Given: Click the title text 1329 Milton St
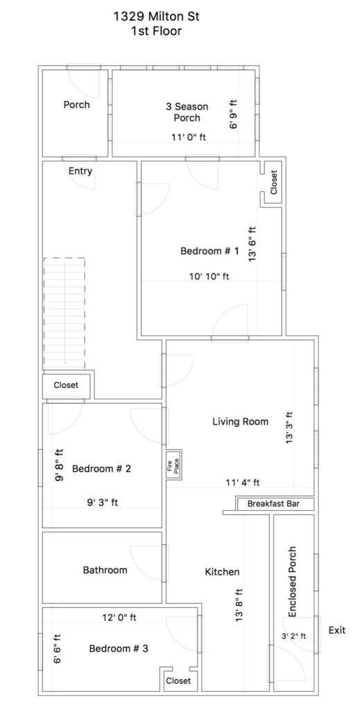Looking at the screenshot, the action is click(156, 17).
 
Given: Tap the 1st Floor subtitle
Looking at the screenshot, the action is click(156, 31).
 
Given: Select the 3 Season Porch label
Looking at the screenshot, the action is click(187, 112).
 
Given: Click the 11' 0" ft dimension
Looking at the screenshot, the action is click(189, 137).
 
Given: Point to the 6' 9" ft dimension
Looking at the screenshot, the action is click(234, 114).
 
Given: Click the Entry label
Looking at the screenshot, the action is click(80, 171).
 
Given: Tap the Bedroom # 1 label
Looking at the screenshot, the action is click(209, 251).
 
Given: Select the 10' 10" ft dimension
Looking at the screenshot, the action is click(209, 276).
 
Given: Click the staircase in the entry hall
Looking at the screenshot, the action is click(65, 314).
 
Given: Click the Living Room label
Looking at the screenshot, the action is click(240, 421).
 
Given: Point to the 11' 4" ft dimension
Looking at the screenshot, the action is click(242, 482).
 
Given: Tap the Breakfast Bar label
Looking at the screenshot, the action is click(275, 504).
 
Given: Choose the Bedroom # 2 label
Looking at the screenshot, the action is click(102, 469).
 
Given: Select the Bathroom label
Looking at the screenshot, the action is click(105, 570).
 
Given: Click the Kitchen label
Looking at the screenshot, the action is click(222, 572).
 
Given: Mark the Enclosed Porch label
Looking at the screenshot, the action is click(293, 582).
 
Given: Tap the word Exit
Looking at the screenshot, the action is click(336, 630).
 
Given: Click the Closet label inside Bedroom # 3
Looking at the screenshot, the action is click(178, 681).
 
